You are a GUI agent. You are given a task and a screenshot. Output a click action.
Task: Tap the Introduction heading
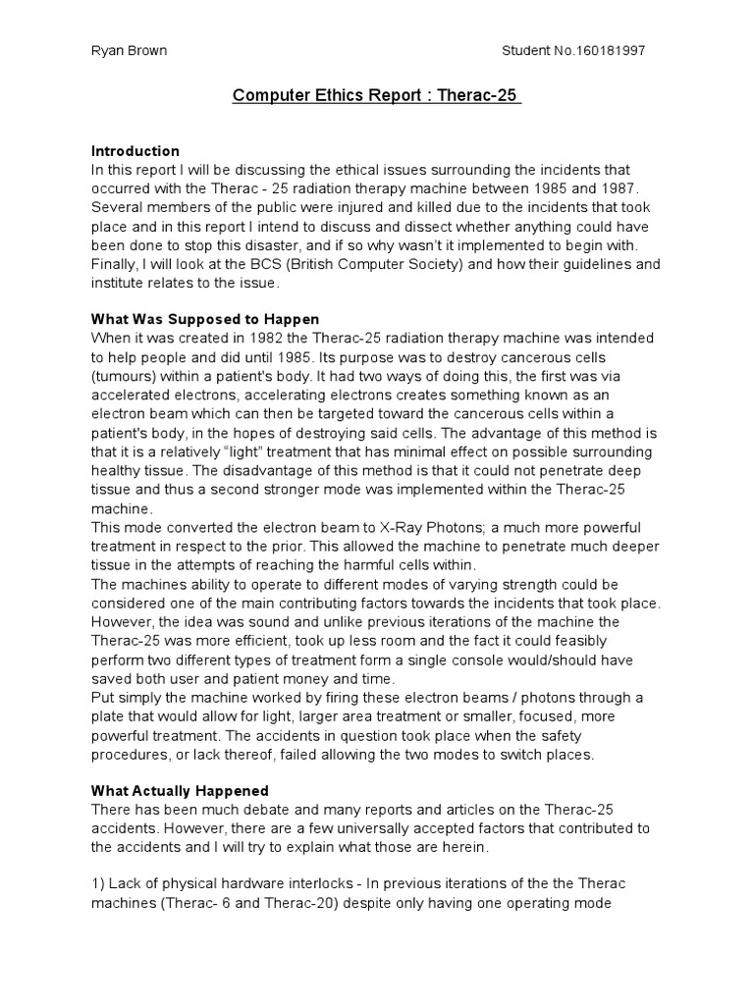tap(135, 151)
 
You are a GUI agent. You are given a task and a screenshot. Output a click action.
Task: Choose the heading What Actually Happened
tap(180, 791)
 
